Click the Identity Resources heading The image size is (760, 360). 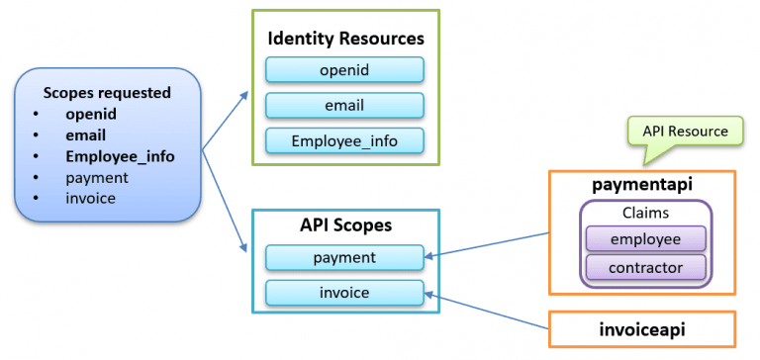345,40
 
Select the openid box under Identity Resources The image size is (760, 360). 344,69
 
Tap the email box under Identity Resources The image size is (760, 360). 344,105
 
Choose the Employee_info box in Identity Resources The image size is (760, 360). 344,140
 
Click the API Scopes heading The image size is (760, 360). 345,225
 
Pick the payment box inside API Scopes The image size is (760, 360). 344,257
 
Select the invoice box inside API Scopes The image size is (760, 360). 344,292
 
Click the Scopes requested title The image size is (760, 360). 107,93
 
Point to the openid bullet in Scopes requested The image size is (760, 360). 91,114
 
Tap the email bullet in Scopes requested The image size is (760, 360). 86,135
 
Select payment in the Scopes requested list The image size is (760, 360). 97,177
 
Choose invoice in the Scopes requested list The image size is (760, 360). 91,198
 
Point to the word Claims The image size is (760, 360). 645,213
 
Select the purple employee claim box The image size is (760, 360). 645,238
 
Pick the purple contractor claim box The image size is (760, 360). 645,267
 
